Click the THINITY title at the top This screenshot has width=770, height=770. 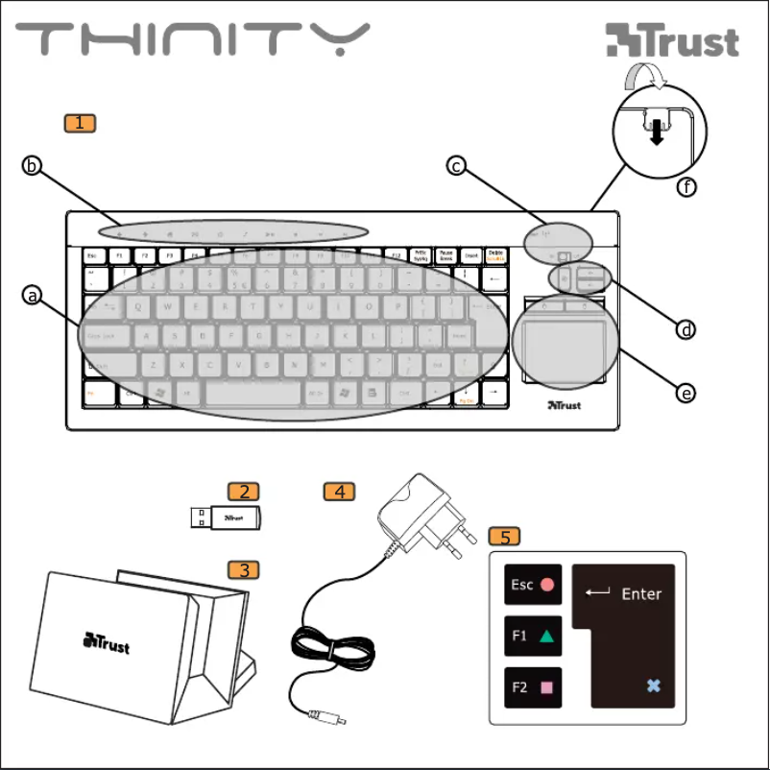[x=192, y=40]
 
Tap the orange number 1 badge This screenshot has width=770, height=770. [x=80, y=123]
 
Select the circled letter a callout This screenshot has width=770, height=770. [x=33, y=296]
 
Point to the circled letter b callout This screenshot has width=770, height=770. [x=33, y=166]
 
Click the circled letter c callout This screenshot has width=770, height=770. [x=457, y=166]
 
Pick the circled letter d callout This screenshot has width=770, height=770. [x=686, y=329]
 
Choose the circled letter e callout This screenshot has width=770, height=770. [x=686, y=393]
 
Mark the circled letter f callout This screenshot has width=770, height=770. [x=686, y=188]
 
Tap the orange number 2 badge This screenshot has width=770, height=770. [x=244, y=492]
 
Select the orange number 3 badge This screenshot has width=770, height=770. [x=244, y=569]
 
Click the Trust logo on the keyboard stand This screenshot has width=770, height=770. [x=107, y=641]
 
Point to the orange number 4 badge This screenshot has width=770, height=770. [x=339, y=492]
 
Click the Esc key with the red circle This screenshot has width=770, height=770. [x=533, y=585]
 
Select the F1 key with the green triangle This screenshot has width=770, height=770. [x=533, y=636]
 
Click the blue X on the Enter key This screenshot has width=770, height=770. [x=654, y=686]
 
